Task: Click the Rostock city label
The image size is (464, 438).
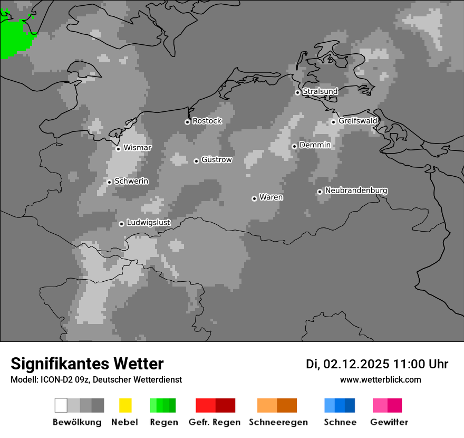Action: [207, 121]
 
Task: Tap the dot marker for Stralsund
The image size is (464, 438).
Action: [297, 92]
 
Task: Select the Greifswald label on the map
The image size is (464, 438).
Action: [357, 121]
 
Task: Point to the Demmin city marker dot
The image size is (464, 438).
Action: [294, 146]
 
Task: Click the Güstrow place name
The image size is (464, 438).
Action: [216, 159]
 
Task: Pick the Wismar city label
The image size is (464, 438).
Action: [137, 148]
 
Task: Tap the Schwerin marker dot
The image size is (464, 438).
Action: [109, 182]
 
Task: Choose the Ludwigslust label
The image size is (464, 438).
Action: [148, 223]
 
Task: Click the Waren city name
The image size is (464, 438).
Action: [271, 197]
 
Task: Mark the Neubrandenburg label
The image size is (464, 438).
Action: [356, 191]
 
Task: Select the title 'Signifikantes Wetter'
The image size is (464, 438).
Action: [87, 364]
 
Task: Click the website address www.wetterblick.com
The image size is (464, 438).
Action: [380, 379]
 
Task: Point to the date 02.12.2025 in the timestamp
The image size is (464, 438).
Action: [356, 364]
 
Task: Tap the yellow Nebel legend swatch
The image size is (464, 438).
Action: [125, 405]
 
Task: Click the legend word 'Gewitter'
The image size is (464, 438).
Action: [389, 422]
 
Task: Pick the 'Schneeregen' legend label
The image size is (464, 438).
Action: [278, 422]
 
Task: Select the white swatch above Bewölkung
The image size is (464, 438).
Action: [61, 405]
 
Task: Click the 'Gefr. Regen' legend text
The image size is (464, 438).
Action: [214, 422]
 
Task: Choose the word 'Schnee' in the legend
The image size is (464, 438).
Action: [340, 422]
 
